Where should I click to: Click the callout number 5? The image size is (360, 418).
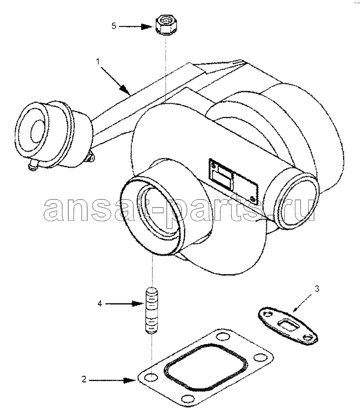114,26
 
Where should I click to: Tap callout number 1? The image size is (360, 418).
98,61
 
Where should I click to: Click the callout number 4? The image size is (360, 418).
100,303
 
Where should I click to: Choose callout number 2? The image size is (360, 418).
84,379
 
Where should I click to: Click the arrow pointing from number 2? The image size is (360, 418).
112,380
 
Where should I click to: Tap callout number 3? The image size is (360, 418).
317,289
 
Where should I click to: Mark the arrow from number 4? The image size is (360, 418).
125,304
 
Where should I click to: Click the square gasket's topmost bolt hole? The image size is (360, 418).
223,337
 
